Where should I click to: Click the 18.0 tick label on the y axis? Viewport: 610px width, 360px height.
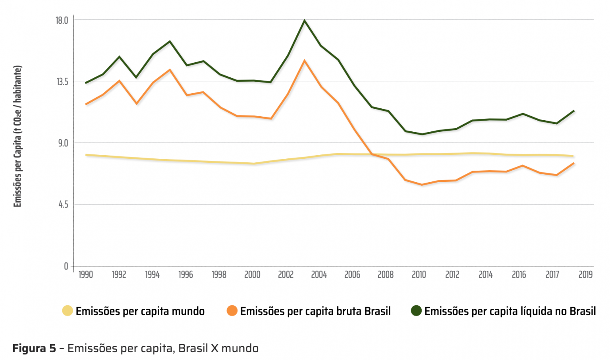tap(62, 20)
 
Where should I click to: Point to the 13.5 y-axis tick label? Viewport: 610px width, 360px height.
tap(62, 82)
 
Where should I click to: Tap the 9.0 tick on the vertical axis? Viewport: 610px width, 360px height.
tap(63, 143)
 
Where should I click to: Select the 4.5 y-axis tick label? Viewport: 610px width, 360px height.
tap(63, 204)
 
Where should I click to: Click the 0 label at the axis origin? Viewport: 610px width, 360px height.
tap(66, 266)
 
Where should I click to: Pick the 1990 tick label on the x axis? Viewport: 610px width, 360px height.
tap(85, 275)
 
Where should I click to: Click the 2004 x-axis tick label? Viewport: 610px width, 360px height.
tap(319, 275)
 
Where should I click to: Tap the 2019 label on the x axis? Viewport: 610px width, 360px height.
tap(585, 275)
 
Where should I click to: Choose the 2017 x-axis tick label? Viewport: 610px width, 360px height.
tap(552, 275)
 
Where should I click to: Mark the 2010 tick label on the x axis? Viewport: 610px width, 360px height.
tap(419, 275)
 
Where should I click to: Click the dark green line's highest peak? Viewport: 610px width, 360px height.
tap(305, 20)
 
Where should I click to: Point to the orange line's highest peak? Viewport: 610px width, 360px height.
tap(305, 61)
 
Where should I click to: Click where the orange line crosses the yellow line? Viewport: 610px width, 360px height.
tap(373, 154)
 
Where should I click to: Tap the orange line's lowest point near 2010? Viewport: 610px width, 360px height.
tap(422, 185)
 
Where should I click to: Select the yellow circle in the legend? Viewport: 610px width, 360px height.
tap(68, 311)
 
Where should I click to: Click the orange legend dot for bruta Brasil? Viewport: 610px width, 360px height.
tap(232, 311)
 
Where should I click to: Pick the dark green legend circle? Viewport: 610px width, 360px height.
tap(416, 311)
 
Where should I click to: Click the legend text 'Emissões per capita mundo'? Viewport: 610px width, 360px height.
tap(140, 311)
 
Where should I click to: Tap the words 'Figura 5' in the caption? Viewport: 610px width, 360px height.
tap(34, 348)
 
